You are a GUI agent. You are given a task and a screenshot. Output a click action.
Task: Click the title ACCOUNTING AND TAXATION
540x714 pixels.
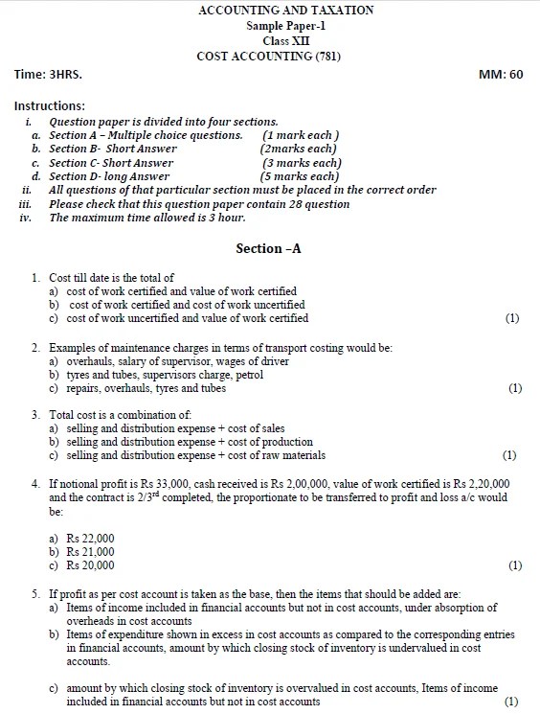271,10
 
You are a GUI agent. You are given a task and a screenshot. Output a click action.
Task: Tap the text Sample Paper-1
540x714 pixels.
271,25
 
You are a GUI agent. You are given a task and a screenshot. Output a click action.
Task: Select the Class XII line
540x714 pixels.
271,40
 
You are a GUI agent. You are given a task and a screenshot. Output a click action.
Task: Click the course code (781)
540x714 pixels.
325,57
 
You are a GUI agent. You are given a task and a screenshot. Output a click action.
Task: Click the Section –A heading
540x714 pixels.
268,248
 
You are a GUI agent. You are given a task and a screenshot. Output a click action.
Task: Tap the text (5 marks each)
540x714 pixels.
300,176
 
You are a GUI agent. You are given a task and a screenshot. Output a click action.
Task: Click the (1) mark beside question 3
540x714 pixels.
509,455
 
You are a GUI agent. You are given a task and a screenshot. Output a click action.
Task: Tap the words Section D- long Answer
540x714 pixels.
109,176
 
